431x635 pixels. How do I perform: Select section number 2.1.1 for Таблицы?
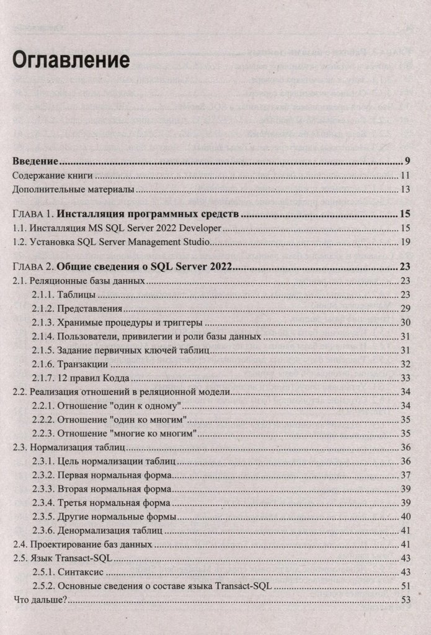pos(43,295)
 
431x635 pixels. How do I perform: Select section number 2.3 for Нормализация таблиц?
pos(20,446)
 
